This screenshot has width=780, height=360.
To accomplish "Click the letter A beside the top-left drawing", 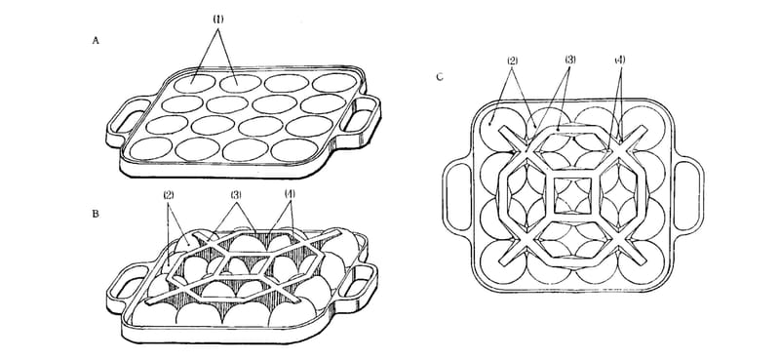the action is tap(96, 41).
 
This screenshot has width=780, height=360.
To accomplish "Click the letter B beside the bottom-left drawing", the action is tap(96, 214).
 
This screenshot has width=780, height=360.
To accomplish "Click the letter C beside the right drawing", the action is tap(440, 77).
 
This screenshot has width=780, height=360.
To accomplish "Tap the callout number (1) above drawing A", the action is tap(218, 20).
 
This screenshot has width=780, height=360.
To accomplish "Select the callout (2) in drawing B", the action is tap(169, 195).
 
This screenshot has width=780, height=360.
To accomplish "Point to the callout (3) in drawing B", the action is tap(236, 195).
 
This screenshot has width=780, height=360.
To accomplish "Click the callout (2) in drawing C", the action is tap(513, 60).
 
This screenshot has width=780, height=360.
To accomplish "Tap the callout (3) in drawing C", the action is tap(570, 60).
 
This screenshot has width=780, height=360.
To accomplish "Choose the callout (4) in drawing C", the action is tap(619, 60).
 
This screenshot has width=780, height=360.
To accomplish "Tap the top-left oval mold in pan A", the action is tap(194, 84).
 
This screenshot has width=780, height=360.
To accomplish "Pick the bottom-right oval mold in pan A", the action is tap(292, 150).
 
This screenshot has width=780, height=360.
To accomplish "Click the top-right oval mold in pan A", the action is tap(334, 83).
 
